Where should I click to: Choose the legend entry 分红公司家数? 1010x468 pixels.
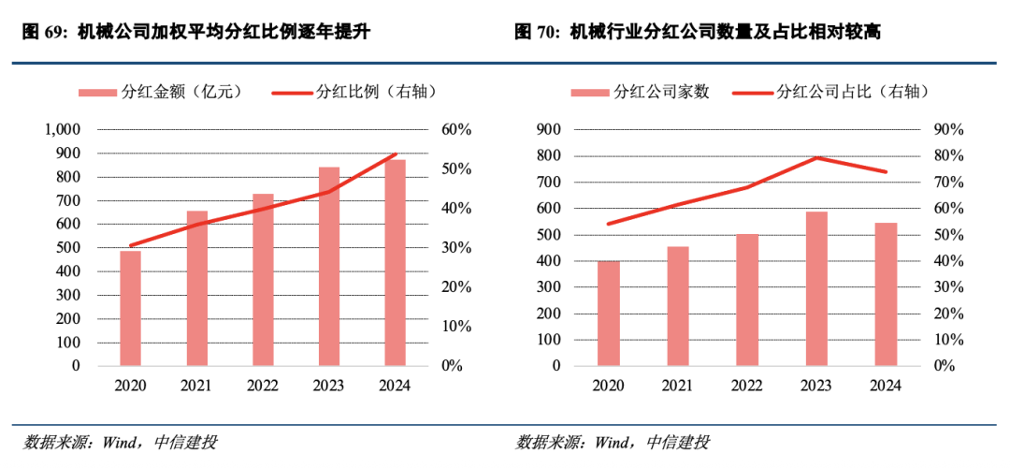point(641,92)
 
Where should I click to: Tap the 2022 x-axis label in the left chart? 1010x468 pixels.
point(264,385)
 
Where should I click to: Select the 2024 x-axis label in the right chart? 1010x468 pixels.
point(886,385)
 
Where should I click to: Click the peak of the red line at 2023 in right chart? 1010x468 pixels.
point(816,157)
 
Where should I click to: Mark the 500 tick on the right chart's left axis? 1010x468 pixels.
point(548,234)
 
